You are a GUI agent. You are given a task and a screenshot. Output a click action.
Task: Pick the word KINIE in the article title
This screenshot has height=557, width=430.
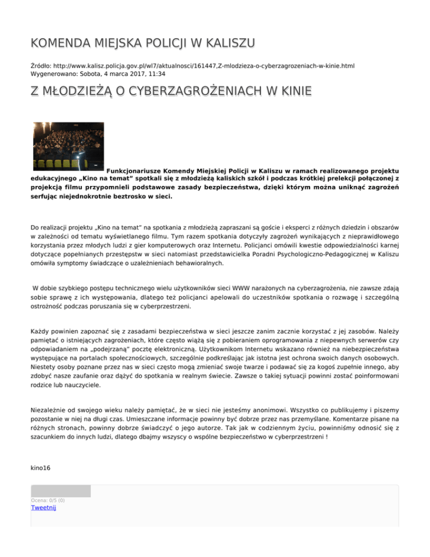[x=295, y=91]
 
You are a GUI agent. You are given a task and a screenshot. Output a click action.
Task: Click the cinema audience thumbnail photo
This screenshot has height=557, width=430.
[x=68, y=146]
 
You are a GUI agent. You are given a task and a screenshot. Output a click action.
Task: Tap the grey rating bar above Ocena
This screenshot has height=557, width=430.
[x=60, y=491]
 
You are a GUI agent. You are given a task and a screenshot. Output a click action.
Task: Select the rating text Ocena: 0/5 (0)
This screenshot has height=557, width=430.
[x=48, y=500]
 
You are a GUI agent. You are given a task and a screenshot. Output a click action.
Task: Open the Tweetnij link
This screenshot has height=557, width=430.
[x=44, y=508]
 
